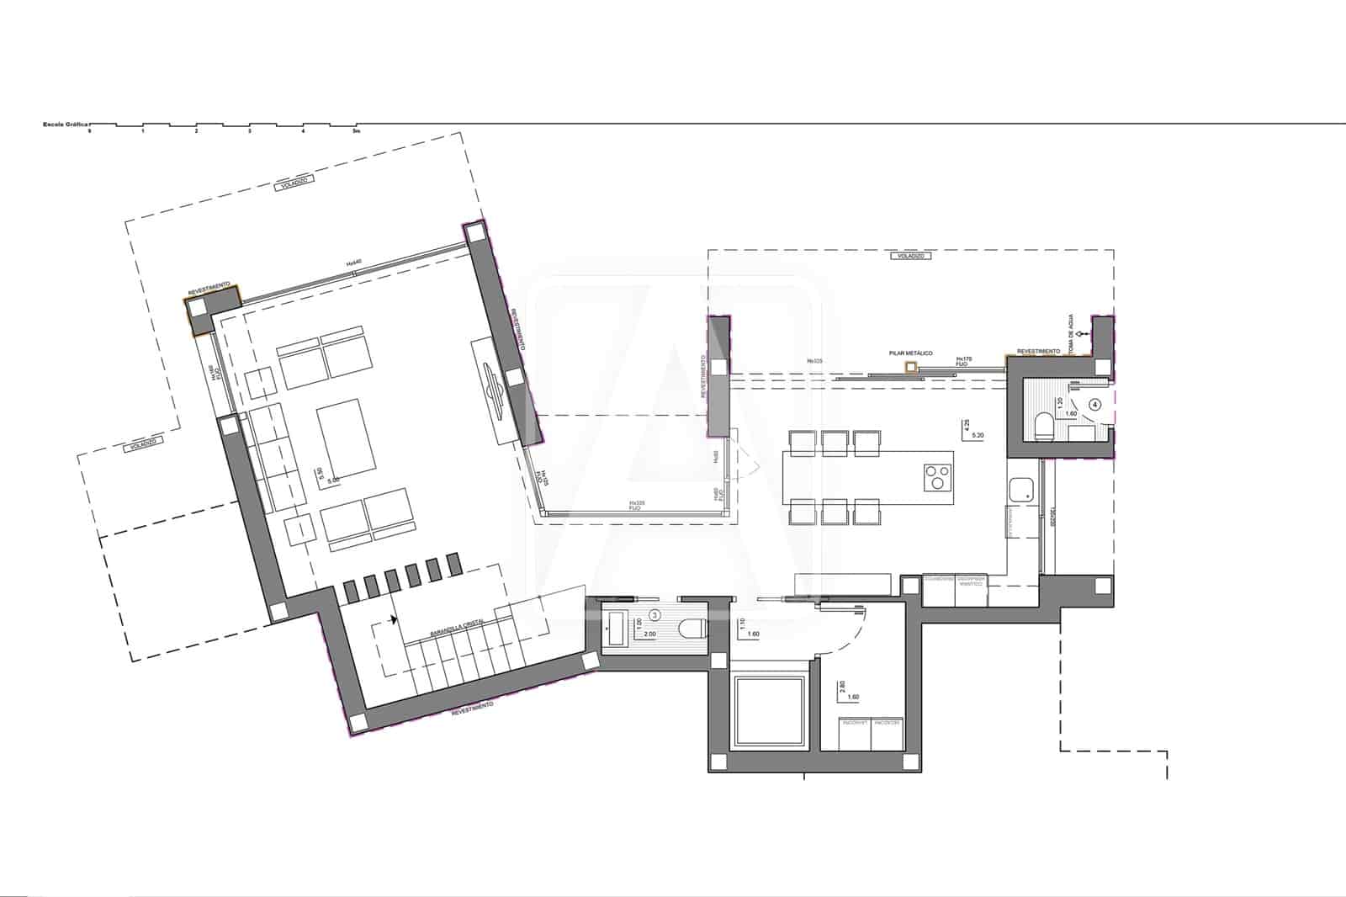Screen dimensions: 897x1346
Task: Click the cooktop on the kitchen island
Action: tap(936, 477)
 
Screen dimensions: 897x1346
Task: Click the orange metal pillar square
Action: tap(909, 368)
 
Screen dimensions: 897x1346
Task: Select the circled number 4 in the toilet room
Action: tap(1094, 404)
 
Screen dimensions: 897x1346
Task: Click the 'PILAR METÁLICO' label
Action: tap(910, 354)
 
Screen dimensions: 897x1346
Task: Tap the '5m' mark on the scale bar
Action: tap(357, 131)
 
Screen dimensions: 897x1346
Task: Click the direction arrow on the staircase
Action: tap(393, 621)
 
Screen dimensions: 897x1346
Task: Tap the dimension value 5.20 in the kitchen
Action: tap(978, 436)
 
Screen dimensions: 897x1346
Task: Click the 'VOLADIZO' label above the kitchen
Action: tap(910, 256)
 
